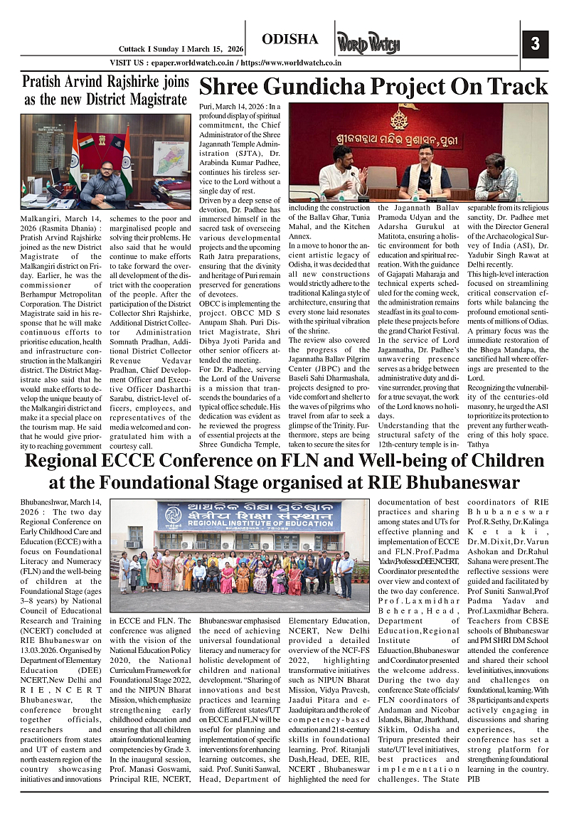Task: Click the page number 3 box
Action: pyautogui.click(x=536, y=44)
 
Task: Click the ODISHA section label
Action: pyautogui.click(x=289, y=39)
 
